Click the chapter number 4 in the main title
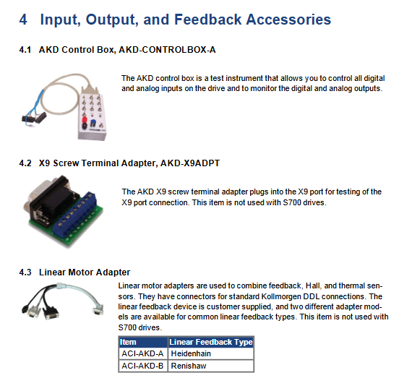(23, 20)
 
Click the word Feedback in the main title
(208, 20)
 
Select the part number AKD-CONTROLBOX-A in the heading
(167, 50)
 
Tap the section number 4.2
(25, 163)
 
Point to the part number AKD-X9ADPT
(190, 163)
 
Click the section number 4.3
(25, 272)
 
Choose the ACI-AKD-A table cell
(143, 353)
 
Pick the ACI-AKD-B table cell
(143, 366)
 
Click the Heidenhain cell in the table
(211, 353)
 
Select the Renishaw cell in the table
(211, 366)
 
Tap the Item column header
(143, 342)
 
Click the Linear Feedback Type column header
(211, 342)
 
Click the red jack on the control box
(85, 121)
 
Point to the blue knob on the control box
(93, 123)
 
